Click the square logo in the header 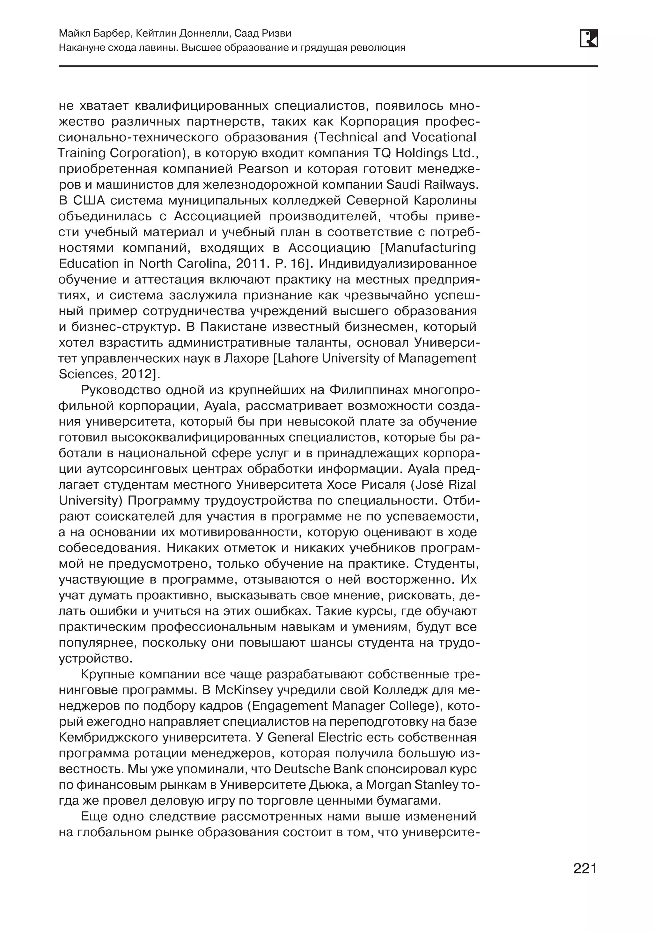589,39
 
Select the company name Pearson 263,169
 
